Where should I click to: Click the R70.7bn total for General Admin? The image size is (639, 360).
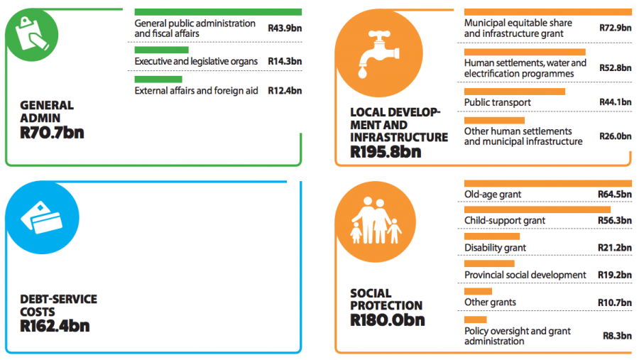[52, 132]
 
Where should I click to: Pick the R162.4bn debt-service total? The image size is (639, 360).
[55, 326]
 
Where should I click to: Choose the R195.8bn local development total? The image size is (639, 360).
[386, 151]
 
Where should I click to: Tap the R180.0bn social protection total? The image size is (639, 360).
[387, 320]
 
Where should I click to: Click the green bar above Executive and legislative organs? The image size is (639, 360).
[161, 50]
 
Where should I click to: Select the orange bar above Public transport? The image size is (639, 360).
[514, 92]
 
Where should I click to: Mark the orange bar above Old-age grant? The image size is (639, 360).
[547, 183]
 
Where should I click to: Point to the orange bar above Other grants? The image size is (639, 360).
[478, 291]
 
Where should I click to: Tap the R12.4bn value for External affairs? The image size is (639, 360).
[285, 91]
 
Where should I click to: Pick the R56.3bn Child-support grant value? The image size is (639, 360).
[615, 221]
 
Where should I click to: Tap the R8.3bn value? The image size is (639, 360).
[617, 336]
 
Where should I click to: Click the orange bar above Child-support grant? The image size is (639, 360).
[537, 209]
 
